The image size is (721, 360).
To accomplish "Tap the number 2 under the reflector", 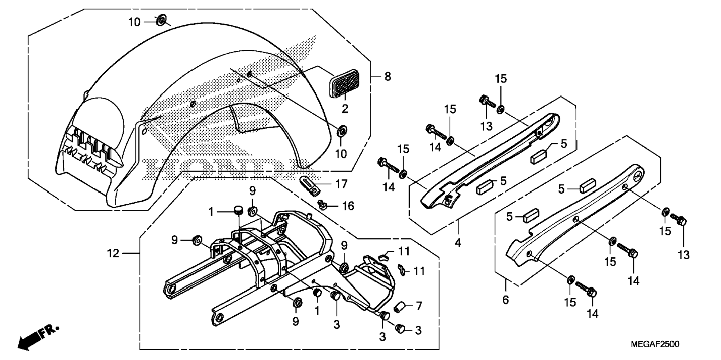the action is point(345,109).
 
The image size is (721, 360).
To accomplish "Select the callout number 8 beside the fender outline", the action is point(388,76).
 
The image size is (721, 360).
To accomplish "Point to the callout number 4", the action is point(458,243).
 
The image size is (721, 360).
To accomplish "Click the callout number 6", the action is point(506,300).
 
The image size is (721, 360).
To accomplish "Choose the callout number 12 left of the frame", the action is point(113,253).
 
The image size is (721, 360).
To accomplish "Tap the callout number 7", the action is point(419,306).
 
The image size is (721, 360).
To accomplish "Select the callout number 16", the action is point(348,206).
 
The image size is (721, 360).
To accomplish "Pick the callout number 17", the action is point(341,184).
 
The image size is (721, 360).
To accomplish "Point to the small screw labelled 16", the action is point(322,205).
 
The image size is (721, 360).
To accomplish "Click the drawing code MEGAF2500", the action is point(655,344).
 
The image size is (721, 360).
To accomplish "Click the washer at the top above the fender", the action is point(161,20).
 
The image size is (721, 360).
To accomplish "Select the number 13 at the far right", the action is point(683,255).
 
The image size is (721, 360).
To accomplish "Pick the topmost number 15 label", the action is point(501,79).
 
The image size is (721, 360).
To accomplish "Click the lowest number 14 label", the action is point(592,314).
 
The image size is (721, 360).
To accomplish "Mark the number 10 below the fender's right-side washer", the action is point(341,154).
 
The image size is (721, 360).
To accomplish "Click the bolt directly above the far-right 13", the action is point(679,219).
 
